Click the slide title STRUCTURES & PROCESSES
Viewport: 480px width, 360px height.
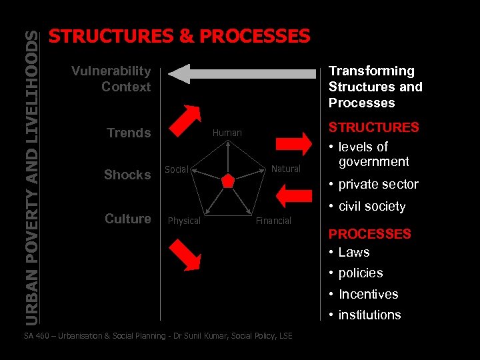pyautogui.click(x=180, y=36)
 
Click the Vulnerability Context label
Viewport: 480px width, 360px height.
pyautogui.click(x=111, y=79)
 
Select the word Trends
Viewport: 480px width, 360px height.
pyautogui.click(x=129, y=133)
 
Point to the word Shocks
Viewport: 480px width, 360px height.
pyautogui.click(x=127, y=175)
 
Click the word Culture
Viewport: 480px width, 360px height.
pyautogui.click(x=128, y=219)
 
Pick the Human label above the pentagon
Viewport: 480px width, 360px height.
pyautogui.click(x=227, y=133)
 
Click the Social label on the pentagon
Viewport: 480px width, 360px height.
pyautogui.click(x=177, y=169)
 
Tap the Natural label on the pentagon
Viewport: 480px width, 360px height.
pyautogui.click(x=286, y=169)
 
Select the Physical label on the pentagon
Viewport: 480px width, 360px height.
pyautogui.click(x=184, y=221)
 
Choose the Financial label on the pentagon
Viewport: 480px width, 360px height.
pyautogui.click(x=274, y=221)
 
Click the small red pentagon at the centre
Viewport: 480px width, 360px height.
pyautogui.click(x=228, y=181)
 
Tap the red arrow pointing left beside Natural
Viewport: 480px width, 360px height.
pyautogui.click(x=294, y=194)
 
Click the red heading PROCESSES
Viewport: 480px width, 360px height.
pyautogui.click(x=369, y=234)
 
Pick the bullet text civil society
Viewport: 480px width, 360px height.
pyautogui.click(x=371, y=207)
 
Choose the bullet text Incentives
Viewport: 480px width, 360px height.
pyautogui.click(x=368, y=294)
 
